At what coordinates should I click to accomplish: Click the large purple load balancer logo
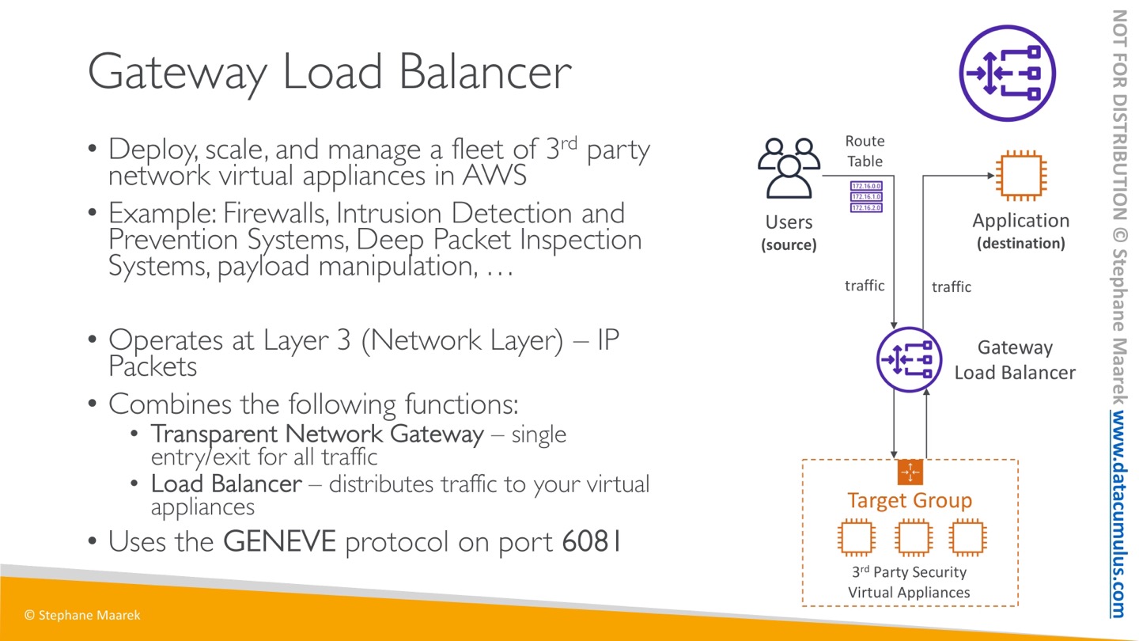click(1007, 73)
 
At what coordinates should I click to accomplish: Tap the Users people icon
click(789, 168)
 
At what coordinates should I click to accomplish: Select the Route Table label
click(865, 151)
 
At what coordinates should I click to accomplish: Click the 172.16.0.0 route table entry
click(866, 186)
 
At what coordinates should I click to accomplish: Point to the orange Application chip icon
click(1020, 176)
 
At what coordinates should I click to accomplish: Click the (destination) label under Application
click(1020, 244)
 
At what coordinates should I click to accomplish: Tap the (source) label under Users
click(789, 245)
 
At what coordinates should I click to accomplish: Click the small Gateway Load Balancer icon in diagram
click(909, 360)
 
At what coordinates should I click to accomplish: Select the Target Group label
click(910, 500)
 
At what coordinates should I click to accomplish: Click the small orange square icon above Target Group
click(910, 472)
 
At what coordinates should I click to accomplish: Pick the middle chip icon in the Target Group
click(914, 538)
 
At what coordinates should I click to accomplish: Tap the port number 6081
click(592, 542)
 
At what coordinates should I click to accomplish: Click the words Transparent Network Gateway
click(317, 434)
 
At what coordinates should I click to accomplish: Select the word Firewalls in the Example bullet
click(277, 214)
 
